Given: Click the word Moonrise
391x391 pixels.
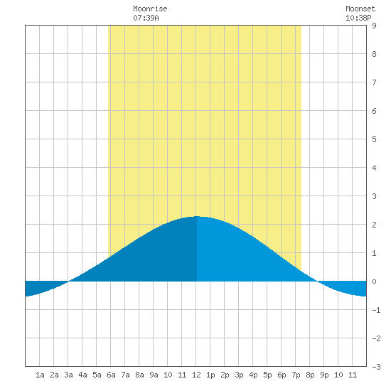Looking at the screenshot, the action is pyautogui.click(x=150, y=9).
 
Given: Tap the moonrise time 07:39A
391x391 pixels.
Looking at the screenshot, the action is pyautogui.click(x=146, y=18).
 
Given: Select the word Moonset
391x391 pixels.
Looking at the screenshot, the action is pyautogui.click(x=360, y=9).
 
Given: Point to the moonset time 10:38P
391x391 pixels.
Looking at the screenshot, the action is pyautogui.click(x=358, y=18).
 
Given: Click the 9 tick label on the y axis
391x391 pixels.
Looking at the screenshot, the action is pyautogui.click(x=374, y=26).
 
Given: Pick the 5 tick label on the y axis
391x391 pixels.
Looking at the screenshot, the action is pyautogui.click(x=374, y=139).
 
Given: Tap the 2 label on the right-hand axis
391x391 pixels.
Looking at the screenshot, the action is pyautogui.click(x=374, y=225).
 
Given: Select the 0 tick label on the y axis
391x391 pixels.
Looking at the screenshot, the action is pyautogui.click(x=374, y=282).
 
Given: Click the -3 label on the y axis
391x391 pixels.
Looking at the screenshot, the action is pyautogui.click(x=376, y=367).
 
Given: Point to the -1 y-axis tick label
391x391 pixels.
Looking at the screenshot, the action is pyautogui.click(x=376, y=310).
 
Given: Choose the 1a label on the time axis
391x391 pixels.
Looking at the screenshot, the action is pyautogui.click(x=40, y=375).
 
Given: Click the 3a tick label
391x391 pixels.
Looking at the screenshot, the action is pyautogui.click(x=68, y=375).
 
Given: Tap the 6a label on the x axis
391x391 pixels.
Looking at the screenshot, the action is pyautogui.click(x=111, y=375).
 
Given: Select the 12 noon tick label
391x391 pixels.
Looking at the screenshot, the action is pyautogui.click(x=196, y=375).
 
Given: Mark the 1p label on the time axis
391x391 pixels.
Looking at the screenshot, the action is pyautogui.click(x=210, y=375).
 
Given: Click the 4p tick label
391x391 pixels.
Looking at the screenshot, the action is pyautogui.click(x=253, y=375).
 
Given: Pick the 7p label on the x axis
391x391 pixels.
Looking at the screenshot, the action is pyautogui.click(x=296, y=375).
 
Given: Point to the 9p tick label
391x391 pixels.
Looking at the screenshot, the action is pyautogui.click(x=324, y=375).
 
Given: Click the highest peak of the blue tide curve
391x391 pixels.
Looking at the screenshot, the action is pyautogui.click(x=197, y=216).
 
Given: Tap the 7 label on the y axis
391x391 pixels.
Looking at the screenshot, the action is pyautogui.click(x=374, y=82).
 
